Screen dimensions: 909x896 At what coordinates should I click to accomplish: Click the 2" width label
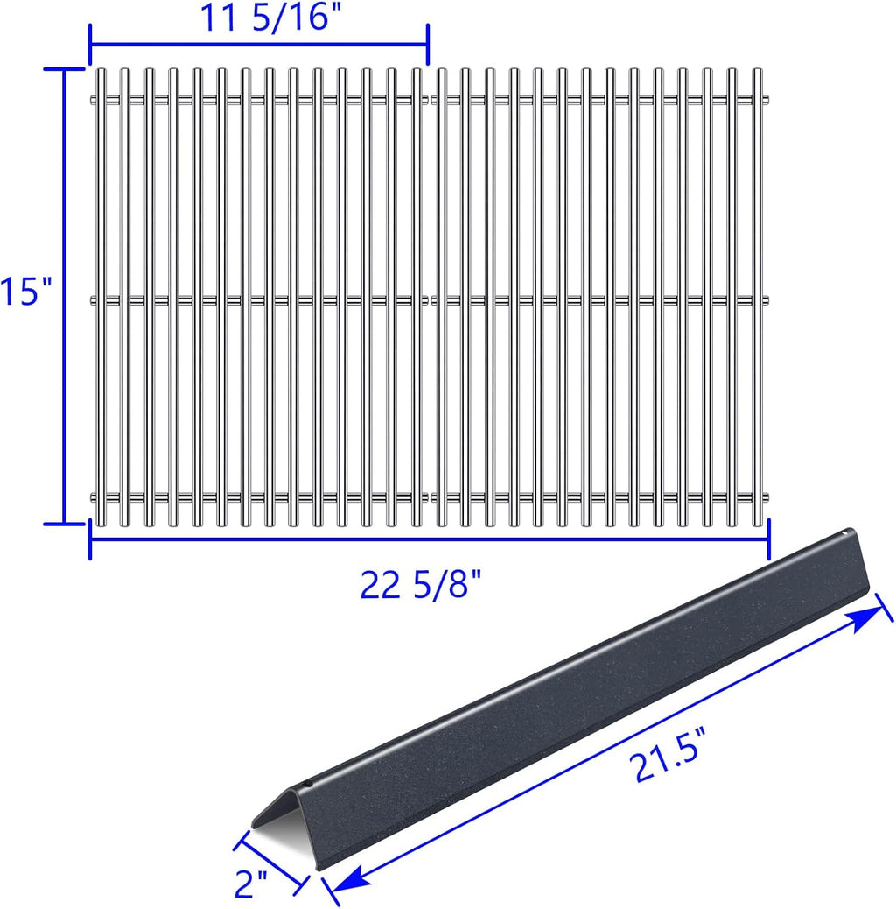pos(252,886)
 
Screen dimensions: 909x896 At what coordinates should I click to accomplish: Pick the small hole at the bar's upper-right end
pos(845,531)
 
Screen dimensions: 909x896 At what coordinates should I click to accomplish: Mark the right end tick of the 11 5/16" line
pos(427,44)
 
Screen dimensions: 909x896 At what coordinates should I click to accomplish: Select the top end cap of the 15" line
pos(63,70)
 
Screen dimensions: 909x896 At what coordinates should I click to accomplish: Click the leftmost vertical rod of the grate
pos(101,298)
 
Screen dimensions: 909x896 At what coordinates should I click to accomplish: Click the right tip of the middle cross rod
pos(767,299)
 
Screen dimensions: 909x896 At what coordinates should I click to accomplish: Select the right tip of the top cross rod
pos(767,98)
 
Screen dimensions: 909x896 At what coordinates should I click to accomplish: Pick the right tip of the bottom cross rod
pos(767,497)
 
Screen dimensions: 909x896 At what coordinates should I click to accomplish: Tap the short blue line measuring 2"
pos(271,863)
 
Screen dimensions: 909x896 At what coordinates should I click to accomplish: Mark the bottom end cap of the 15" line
pos(63,524)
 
